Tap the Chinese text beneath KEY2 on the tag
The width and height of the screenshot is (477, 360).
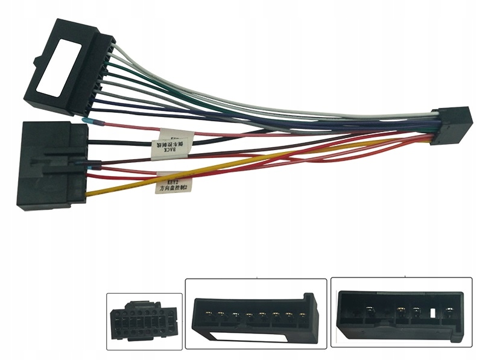point(174,188)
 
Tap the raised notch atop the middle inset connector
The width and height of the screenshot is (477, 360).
point(308,298)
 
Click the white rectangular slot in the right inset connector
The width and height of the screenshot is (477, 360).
point(433,314)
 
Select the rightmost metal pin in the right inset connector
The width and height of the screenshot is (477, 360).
point(447,312)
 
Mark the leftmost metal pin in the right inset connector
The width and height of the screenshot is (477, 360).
point(368,312)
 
